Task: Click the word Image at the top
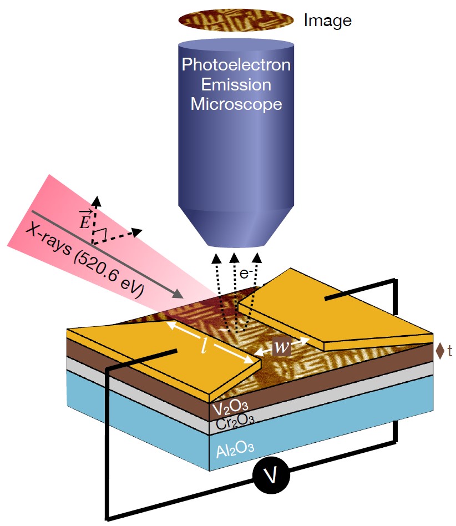coord(327,21)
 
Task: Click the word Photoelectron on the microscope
coord(236,65)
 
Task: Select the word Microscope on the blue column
coord(236,104)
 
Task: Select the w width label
coord(282,348)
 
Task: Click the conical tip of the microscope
coord(237,227)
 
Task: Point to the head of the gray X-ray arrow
coord(181,295)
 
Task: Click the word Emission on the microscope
coord(236,84)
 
